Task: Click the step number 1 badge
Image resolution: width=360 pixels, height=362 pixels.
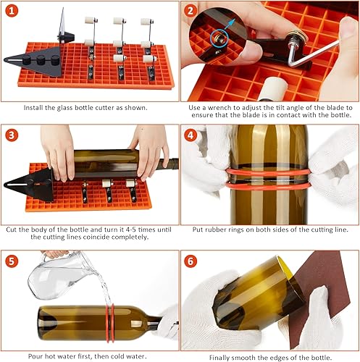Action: (x=14, y=12)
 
